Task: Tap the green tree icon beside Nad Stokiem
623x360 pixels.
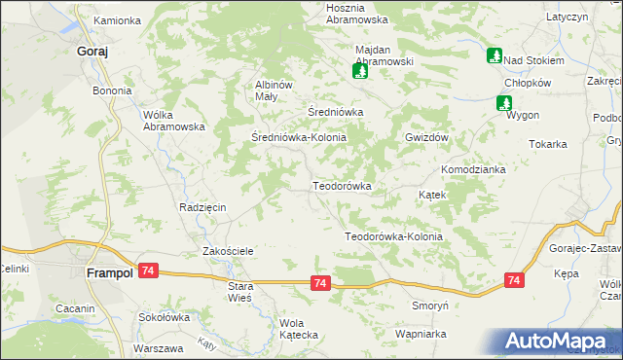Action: (495, 56)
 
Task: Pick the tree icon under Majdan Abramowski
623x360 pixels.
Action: (360, 70)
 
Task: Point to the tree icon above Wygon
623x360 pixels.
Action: (504, 101)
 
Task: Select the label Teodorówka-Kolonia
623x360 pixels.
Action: (393, 236)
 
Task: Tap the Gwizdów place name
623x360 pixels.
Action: (426, 138)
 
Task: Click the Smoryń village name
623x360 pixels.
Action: (429, 305)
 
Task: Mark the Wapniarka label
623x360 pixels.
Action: (421, 334)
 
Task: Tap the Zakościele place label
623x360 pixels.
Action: (228, 251)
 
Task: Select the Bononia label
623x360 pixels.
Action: (112, 91)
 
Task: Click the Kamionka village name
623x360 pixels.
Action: (117, 19)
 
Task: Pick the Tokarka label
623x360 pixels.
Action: (548, 144)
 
